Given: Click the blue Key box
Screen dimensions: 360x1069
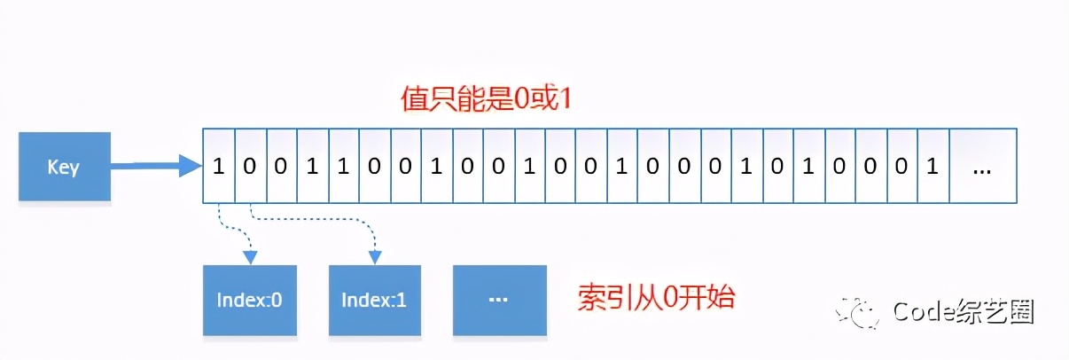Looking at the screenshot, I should click(x=65, y=167).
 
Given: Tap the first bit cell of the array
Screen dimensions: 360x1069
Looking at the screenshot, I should click(x=219, y=167).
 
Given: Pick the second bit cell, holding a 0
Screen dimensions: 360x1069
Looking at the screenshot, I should click(x=250, y=167).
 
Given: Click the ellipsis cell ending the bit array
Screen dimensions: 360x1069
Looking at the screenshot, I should click(x=981, y=167).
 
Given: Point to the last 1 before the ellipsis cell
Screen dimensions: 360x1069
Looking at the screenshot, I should click(x=932, y=167).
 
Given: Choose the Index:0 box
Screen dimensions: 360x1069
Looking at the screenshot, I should click(x=249, y=300).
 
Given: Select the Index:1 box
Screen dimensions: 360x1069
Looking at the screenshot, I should click(x=374, y=300).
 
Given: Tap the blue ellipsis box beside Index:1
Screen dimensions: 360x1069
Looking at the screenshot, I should click(x=496, y=300).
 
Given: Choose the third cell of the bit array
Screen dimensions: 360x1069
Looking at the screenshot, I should click(x=281, y=167).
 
